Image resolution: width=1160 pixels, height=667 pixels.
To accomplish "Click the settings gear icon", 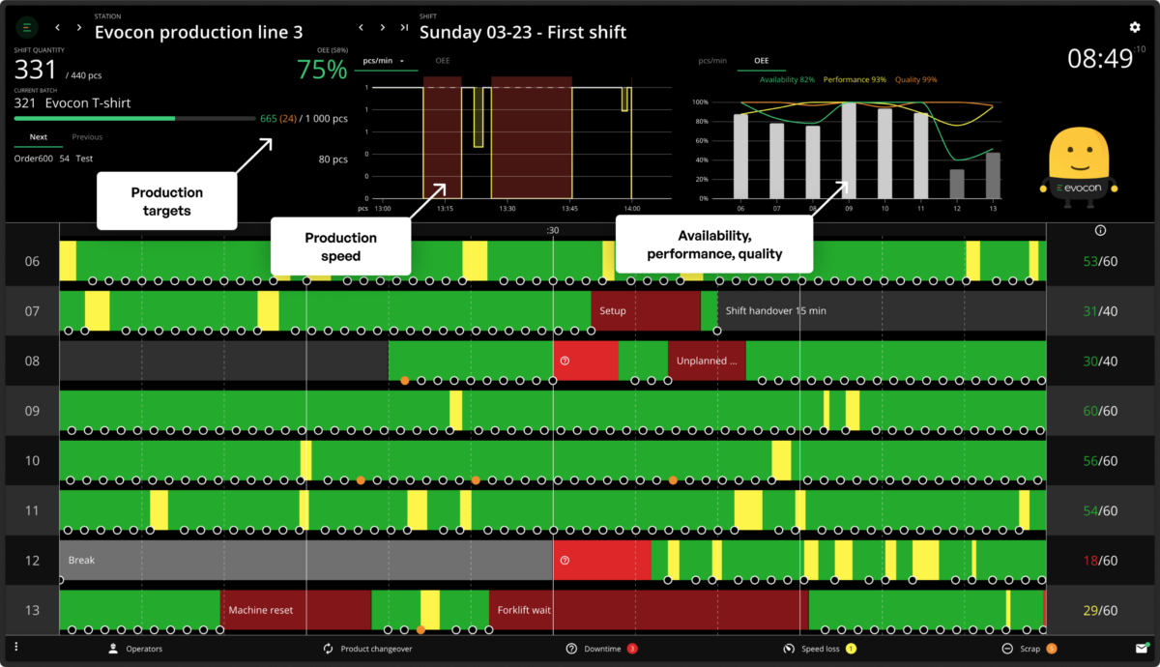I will (x=1135, y=28).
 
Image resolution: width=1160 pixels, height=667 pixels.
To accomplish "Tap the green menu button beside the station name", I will (x=27, y=28).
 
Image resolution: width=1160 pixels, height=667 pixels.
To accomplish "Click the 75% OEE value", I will (x=322, y=70).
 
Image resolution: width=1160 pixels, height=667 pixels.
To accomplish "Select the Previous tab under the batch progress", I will (x=87, y=137).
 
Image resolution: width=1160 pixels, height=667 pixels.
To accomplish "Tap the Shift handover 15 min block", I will (x=776, y=311).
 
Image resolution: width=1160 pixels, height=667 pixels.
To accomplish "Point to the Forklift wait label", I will (x=524, y=610).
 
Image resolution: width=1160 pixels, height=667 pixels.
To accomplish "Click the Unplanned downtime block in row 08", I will (x=707, y=361).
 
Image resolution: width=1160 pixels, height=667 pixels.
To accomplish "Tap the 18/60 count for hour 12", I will (x=1101, y=561).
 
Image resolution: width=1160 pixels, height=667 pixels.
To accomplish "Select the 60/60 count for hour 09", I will (x=1101, y=411).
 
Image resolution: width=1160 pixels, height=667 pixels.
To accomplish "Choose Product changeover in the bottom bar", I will (x=367, y=649).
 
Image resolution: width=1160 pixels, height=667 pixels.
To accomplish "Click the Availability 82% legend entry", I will (x=788, y=79).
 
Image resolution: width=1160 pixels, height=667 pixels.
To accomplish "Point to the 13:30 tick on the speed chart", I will (x=507, y=208).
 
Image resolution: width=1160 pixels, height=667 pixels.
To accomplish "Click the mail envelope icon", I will (x=1142, y=648).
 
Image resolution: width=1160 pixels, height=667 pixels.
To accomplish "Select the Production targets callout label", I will (x=167, y=200).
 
